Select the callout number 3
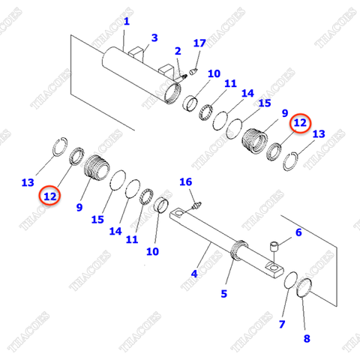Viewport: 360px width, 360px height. point(154,37)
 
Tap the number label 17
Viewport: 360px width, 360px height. point(199,43)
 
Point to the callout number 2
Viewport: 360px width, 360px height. point(178,51)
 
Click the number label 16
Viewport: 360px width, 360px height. point(186,182)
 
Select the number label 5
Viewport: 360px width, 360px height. point(223,294)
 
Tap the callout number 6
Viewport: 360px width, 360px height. point(298,233)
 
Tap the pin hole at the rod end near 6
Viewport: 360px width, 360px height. point(273,267)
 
